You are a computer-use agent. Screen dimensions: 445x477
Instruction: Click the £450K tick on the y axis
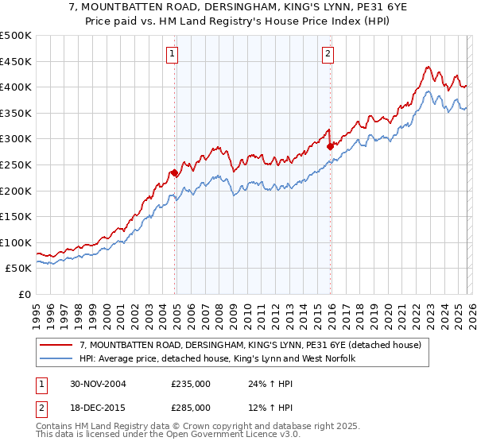tap(16, 61)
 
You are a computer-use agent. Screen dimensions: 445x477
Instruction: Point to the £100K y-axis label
tap(16, 242)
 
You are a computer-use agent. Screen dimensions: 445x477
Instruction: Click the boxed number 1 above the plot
tap(173, 54)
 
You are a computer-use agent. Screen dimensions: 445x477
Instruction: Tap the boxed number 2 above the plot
tap(328, 54)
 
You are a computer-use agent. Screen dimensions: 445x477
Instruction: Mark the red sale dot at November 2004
tap(174, 172)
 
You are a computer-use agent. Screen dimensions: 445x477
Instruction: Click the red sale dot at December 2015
tap(329, 146)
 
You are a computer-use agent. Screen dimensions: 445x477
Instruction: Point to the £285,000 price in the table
tap(191, 407)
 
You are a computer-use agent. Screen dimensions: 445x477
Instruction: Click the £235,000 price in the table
tap(191, 384)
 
